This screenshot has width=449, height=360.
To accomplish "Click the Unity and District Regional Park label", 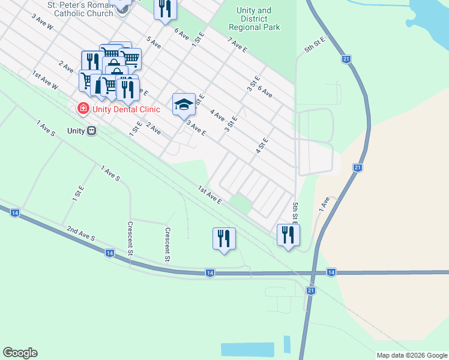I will [x=254, y=19].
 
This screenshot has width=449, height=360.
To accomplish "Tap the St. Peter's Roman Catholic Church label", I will [x=82, y=9].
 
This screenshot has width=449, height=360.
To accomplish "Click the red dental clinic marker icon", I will [x=83, y=109].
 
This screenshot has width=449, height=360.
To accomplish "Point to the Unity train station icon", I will [x=91, y=130].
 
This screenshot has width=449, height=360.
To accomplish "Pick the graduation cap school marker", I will [x=184, y=104].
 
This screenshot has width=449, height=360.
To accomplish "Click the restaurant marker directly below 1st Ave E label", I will [x=224, y=238].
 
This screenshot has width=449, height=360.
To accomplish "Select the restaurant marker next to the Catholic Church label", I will [x=164, y=8].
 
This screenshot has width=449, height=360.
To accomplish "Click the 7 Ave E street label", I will [x=238, y=45].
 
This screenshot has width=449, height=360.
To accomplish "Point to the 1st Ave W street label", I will [x=45, y=80].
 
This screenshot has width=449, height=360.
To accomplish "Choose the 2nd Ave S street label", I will [x=81, y=234].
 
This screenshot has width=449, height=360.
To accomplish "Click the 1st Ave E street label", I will [x=210, y=194].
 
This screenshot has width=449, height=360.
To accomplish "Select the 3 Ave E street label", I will [x=196, y=128].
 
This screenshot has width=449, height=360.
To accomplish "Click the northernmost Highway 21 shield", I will [x=346, y=59].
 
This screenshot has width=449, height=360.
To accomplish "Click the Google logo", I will [x=20, y=353].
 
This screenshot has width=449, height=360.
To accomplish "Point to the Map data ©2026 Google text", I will [x=411, y=355].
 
